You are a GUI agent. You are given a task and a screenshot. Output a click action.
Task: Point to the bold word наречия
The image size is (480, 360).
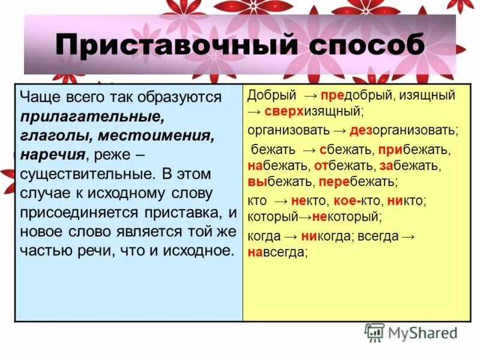click(x=52, y=154)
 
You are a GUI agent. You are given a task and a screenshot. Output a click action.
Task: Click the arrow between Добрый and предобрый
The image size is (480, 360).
click(x=310, y=95)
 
